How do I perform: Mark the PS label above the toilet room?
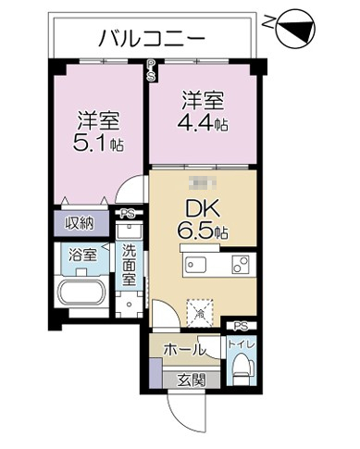241,325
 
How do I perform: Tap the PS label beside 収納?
127,213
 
